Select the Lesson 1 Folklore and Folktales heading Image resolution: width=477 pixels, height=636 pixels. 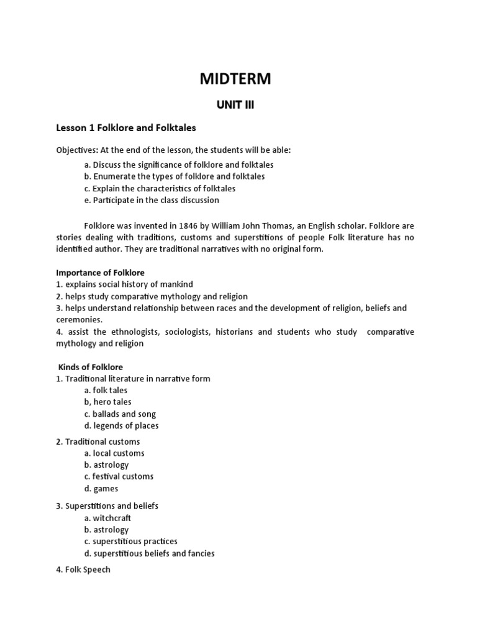[x=126, y=128]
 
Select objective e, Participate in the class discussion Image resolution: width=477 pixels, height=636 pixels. [x=152, y=200]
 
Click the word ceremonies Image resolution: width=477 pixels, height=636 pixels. [x=79, y=320]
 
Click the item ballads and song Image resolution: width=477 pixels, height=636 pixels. [x=120, y=414]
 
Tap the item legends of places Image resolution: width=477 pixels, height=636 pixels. [x=122, y=425]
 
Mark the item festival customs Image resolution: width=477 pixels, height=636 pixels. [x=119, y=476]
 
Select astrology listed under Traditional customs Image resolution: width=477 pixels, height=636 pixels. [x=106, y=465]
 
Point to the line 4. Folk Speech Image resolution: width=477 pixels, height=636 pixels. [x=83, y=569]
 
